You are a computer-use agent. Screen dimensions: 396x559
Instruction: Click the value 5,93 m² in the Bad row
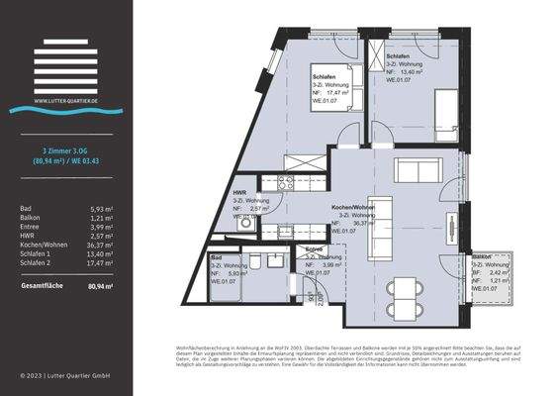coord(102,208)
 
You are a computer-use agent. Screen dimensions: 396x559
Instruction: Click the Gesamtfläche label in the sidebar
coord(45,285)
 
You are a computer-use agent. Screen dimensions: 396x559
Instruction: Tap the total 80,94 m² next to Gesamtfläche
coord(100,285)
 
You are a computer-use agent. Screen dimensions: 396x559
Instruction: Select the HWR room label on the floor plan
coord(239,192)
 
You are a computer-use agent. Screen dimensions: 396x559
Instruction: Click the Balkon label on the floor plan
coord(482,255)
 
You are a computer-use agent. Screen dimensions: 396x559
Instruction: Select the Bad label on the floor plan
coord(217,257)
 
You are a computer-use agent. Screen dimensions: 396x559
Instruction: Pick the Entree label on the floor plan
coord(315,249)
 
